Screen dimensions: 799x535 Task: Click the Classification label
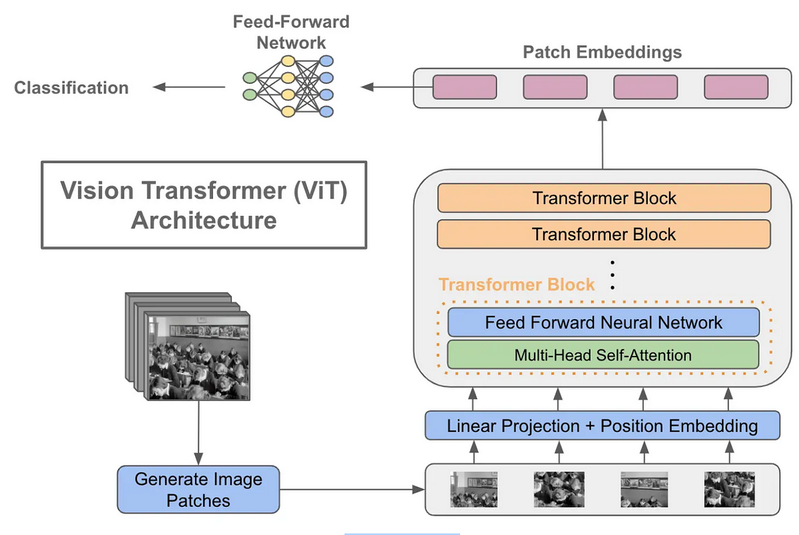pyautogui.click(x=71, y=88)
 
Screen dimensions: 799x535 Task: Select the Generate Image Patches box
pyautogui.click(x=198, y=489)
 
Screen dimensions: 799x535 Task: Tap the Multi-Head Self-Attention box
pyautogui.click(x=603, y=354)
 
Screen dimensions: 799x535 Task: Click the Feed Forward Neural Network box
pyautogui.click(x=603, y=322)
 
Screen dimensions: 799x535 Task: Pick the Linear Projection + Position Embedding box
pyautogui.click(x=603, y=426)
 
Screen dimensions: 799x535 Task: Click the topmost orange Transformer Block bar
pyautogui.click(x=605, y=198)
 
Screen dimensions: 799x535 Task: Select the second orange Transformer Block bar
pyautogui.click(x=604, y=234)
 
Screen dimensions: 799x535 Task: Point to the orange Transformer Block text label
pyautogui.click(x=517, y=284)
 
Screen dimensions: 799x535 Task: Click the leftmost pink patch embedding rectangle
pyautogui.click(x=465, y=87)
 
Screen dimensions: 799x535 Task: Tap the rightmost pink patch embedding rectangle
pyautogui.click(x=736, y=87)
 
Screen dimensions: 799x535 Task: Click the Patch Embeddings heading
pyautogui.click(x=603, y=52)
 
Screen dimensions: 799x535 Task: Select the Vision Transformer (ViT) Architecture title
pyautogui.click(x=204, y=205)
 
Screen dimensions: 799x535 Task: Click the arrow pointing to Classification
pyautogui.click(x=188, y=87)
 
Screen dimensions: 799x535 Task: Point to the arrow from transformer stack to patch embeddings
pyautogui.click(x=603, y=139)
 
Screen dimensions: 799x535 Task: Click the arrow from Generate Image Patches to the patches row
pyautogui.click(x=352, y=489)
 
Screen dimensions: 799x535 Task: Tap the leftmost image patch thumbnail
pyautogui.click(x=473, y=489)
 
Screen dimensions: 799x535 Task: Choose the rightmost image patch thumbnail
pyautogui.click(x=730, y=489)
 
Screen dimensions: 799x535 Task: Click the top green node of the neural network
pyautogui.click(x=250, y=77)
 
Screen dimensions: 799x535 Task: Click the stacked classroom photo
pyautogui.click(x=188, y=346)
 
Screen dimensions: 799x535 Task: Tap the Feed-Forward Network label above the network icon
pyautogui.click(x=291, y=32)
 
